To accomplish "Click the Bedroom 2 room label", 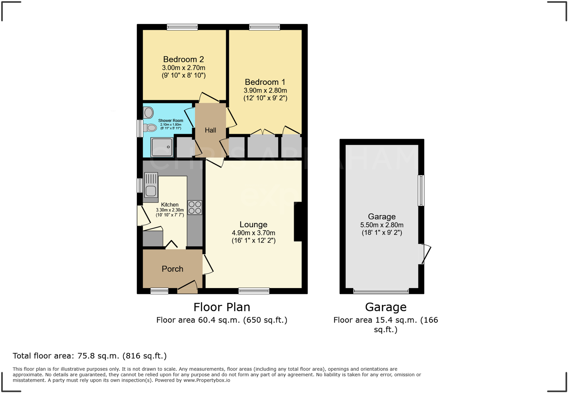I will (184, 59).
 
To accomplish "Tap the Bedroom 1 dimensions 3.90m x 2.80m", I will (265, 90).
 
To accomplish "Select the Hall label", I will (210, 130).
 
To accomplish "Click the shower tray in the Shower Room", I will (162, 147).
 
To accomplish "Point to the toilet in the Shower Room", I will (150, 128).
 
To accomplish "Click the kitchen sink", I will (151, 185).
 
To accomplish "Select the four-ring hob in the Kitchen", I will (195, 208).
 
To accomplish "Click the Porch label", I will (172, 269).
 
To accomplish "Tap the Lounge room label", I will (253, 224).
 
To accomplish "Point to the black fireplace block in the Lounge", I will (298, 221).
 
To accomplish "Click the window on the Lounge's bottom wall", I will (254, 291).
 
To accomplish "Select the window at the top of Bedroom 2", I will (182, 27).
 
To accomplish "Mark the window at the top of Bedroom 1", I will (265, 27).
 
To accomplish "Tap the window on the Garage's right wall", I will (421, 190).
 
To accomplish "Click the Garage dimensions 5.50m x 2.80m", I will (382, 225).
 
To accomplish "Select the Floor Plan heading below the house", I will (222, 307).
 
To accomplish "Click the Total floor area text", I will (90, 356).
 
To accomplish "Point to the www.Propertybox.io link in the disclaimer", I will (206, 380).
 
